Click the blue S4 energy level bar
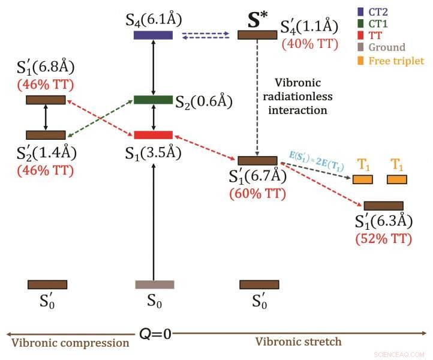tap(153, 35)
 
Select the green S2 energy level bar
tap(153, 100)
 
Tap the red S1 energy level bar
tap(153, 134)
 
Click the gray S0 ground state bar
tap(154, 284)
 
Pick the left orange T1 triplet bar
tap(362, 179)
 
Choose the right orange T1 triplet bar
tap(396, 179)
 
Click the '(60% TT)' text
tap(257, 194)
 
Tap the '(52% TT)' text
tap(384, 238)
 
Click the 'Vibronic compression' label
tap(70, 343)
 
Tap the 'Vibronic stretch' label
tap(298, 342)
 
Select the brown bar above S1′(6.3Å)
tap(383, 206)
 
